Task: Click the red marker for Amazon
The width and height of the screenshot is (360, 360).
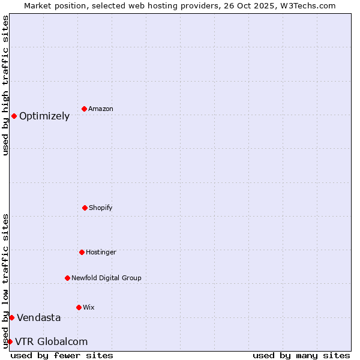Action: coord(84,109)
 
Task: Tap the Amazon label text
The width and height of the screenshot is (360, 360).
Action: coord(101,109)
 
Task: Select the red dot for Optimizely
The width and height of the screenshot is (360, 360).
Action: coord(14,116)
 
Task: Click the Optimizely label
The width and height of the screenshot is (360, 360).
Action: coord(44,116)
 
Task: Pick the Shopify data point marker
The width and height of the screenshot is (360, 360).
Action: coord(85,208)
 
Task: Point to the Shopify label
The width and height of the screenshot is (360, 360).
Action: coord(101,208)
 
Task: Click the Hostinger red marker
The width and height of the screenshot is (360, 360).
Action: coord(82,252)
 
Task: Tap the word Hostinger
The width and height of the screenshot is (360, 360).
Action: coord(101,253)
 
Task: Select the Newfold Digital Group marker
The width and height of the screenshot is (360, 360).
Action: coord(67,278)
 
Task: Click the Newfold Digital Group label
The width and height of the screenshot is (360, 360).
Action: coord(106,278)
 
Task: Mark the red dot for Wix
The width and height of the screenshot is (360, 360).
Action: coord(79,307)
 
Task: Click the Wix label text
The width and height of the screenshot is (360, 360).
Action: coord(89,308)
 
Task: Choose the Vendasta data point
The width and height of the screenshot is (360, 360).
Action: coord(11,317)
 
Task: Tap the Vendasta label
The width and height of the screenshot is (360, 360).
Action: coord(39,318)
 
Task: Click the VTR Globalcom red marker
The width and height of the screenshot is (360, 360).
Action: coord(10,341)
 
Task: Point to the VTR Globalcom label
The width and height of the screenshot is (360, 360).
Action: coord(52,342)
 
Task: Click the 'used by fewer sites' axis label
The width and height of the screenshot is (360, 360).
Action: coord(62,355)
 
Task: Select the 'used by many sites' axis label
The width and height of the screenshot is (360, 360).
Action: coord(301,355)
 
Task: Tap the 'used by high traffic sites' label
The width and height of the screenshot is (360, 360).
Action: coord(5,85)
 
